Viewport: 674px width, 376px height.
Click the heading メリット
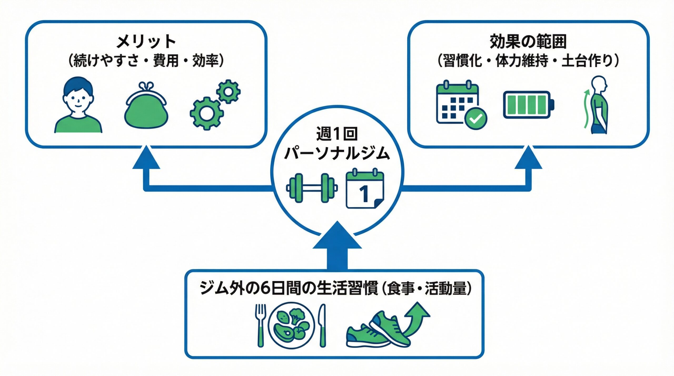coord(146,42)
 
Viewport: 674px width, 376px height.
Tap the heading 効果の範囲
coord(528,42)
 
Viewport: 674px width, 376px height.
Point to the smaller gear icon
coord(228,91)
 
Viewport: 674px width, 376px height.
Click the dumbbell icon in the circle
coord(312,188)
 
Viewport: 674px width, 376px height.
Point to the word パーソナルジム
coord(337,153)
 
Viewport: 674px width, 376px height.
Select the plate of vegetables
coord(291,326)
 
